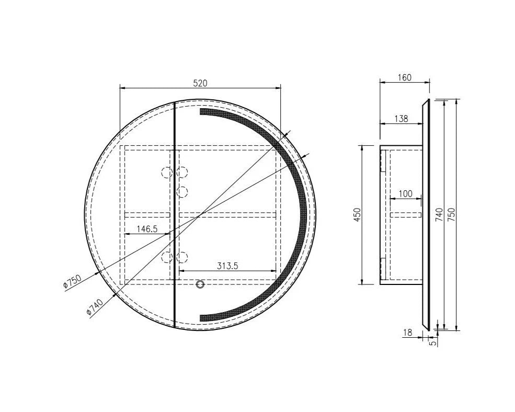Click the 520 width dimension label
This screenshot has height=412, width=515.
click(x=201, y=83)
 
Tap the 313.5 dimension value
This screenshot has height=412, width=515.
click(x=227, y=266)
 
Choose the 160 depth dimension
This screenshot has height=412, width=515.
click(x=404, y=77)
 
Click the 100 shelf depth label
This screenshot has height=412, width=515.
click(x=405, y=194)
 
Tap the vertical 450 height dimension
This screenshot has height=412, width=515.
click(x=358, y=215)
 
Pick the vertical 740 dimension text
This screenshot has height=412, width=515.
click(x=439, y=215)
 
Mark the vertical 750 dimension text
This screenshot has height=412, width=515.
click(x=452, y=215)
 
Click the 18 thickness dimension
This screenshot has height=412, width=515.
click(x=407, y=332)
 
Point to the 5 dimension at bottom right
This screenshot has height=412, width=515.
click(x=432, y=342)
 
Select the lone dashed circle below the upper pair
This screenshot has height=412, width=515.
click(x=182, y=192)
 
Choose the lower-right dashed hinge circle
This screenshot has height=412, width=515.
click(x=182, y=256)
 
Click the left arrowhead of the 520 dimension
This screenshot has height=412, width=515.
click(x=122, y=87)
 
